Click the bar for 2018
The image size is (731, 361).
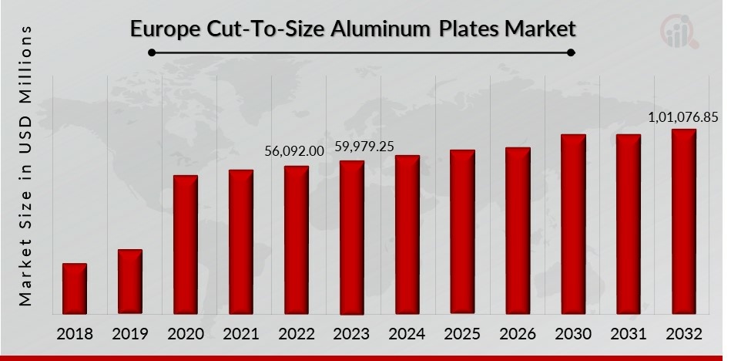pyautogui.click(x=75, y=288)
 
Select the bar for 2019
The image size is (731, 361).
pyautogui.click(x=130, y=282)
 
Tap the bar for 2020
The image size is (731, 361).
pyautogui.click(x=186, y=245)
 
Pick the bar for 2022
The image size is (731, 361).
pyautogui.click(x=297, y=240)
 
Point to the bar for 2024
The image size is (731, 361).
pyautogui.click(x=407, y=234)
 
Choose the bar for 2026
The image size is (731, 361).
pyautogui.click(x=518, y=231)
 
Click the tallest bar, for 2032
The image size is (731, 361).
pyautogui.click(x=684, y=221)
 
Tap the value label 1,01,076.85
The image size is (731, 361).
pyautogui.click(x=683, y=116)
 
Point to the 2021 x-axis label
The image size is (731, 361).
pyautogui.click(x=241, y=334)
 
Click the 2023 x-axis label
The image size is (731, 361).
pyautogui.click(x=352, y=334)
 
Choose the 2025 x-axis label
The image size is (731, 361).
pyautogui.click(x=463, y=334)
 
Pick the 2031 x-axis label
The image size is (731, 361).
pyautogui.click(x=629, y=334)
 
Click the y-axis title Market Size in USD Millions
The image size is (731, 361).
pyautogui.click(x=26, y=165)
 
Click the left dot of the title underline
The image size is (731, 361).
pyautogui.click(x=153, y=53)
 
